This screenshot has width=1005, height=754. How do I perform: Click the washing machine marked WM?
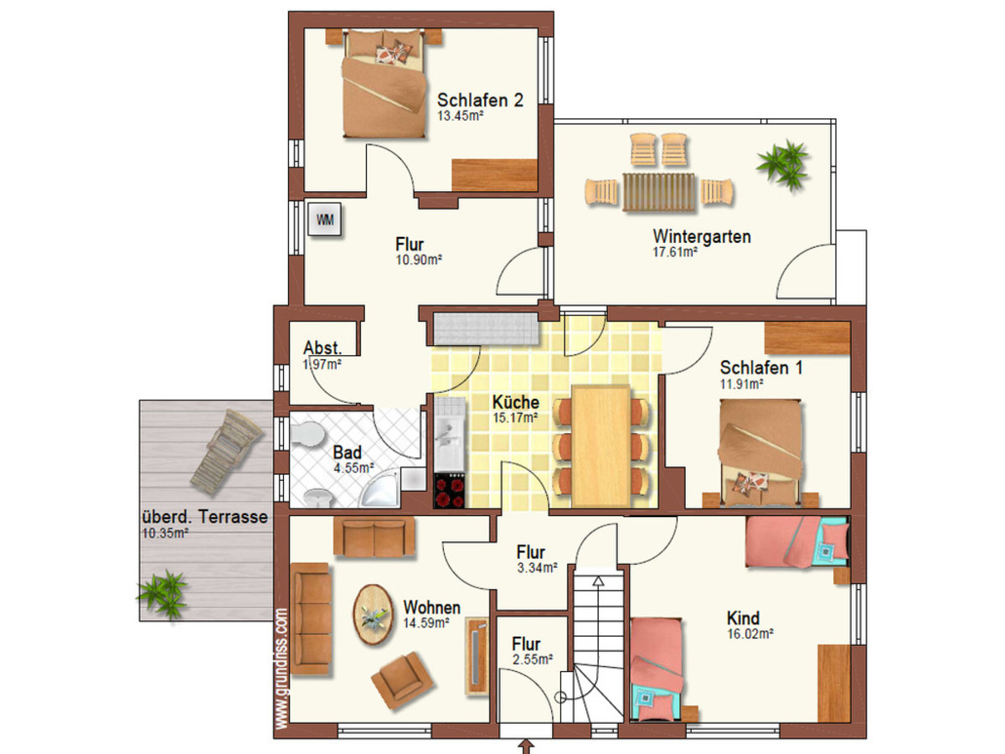click(x=324, y=219)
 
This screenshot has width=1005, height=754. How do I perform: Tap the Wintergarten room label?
click(x=702, y=237)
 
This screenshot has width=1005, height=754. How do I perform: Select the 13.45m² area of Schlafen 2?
click(x=460, y=116)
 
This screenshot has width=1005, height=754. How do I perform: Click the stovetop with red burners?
click(x=450, y=490)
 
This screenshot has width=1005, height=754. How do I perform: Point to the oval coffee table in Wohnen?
click(x=374, y=614)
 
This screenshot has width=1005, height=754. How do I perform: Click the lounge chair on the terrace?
click(x=227, y=452)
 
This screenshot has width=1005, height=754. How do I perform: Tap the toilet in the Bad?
click(x=307, y=433)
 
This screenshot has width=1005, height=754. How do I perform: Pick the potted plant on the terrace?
click(x=163, y=594)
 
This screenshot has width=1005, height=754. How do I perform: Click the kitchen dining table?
click(x=600, y=446)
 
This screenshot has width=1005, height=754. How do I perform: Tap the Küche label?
click(x=516, y=402)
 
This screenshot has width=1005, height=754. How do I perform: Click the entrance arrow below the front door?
click(x=526, y=746)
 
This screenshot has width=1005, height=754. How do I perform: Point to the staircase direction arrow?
click(x=598, y=581)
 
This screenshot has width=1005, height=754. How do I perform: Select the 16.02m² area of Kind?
click(x=750, y=634)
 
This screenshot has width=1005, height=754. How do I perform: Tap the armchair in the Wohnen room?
click(x=402, y=680)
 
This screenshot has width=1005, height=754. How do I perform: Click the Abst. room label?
click(x=322, y=348)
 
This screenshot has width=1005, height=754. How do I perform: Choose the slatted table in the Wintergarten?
click(x=659, y=192)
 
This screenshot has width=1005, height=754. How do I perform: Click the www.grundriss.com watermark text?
click(x=282, y=669)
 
